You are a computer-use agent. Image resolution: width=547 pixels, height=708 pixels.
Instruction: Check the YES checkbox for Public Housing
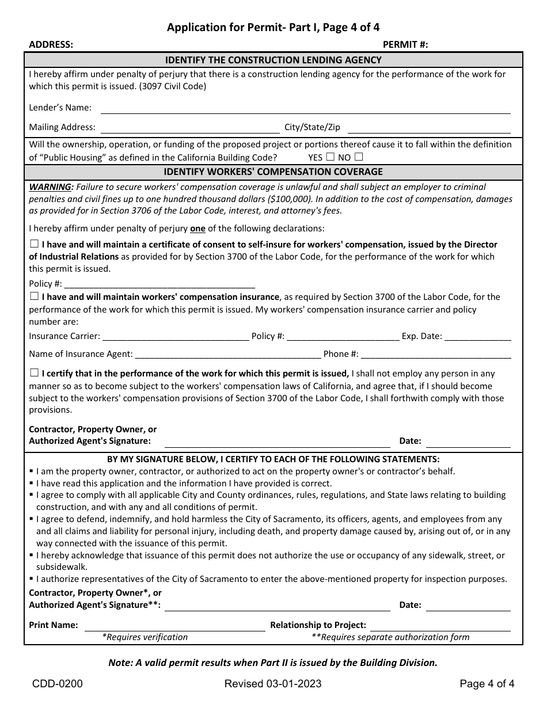[330, 157]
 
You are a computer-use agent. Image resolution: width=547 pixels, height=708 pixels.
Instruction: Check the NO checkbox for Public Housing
[359, 157]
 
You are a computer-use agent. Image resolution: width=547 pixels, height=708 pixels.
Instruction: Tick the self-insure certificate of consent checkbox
[34, 244]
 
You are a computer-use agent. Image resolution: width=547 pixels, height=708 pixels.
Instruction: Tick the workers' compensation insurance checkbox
[34, 296]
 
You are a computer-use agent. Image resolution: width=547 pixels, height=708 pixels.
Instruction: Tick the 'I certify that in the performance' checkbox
[34, 372]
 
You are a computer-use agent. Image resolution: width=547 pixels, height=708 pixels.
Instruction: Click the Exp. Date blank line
[477, 337]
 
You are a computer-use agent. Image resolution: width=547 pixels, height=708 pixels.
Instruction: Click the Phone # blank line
[436, 355]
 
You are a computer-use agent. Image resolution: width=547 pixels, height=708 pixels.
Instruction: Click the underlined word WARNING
[51, 187]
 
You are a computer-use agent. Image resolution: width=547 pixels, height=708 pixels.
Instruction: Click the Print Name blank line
[175, 626]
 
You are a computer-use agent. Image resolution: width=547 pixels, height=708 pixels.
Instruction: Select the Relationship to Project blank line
[439, 626]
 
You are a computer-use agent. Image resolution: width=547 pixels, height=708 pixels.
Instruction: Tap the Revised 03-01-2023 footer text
[273, 684]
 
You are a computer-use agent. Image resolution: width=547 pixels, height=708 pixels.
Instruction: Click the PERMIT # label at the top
[405, 45]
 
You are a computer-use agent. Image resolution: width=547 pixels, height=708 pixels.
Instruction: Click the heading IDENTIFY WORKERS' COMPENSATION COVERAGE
[273, 172]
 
